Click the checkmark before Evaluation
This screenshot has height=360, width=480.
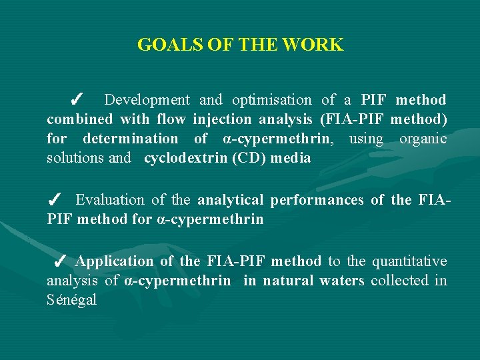tap(56, 200)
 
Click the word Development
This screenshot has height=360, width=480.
tap(147, 100)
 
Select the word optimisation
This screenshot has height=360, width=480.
tap(271, 100)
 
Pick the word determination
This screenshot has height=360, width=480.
tap(130, 139)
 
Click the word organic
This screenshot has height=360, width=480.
tap(423, 139)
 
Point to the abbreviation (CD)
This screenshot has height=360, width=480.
tap(253, 158)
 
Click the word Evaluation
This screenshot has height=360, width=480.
tap(109, 200)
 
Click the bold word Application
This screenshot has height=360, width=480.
tap(115, 261)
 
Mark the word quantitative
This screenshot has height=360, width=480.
tap(409, 261)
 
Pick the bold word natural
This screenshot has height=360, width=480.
tap(288, 281)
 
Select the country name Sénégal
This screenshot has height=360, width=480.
tap(71, 300)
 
